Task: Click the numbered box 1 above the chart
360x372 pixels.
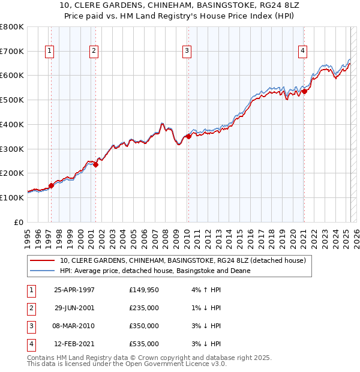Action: pyautogui.click(x=49, y=52)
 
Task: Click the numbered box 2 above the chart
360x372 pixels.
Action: pyautogui.click(x=94, y=52)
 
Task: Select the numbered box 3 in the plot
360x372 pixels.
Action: pyautogui.click(x=187, y=52)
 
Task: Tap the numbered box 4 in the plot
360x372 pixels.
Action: pyautogui.click(x=303, y=52)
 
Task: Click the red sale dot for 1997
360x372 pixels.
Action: pyautogui.click(x=52, y=185)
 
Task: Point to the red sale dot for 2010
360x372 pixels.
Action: pyautogui.click(x=188, y=136)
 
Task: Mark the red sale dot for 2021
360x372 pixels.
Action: pyautogui.click(x=304, y=91)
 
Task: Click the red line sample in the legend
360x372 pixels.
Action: pyautogui.click(x=42, y=260)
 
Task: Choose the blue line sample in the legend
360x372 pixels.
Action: pyautogui.click(x=42, y=271)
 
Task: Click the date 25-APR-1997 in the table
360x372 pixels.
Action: pyautogui.click(x=74, y=290)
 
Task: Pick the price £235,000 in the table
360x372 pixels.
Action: pyautogui.click(x=144, y=308)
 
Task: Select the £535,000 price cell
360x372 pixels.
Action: pyautogui.click(x=144, y=344)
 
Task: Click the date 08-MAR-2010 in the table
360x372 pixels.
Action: pyautogui.click(x=74, y=326)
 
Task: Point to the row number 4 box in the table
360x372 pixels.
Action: pyautogui.click(x=31, y=344)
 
